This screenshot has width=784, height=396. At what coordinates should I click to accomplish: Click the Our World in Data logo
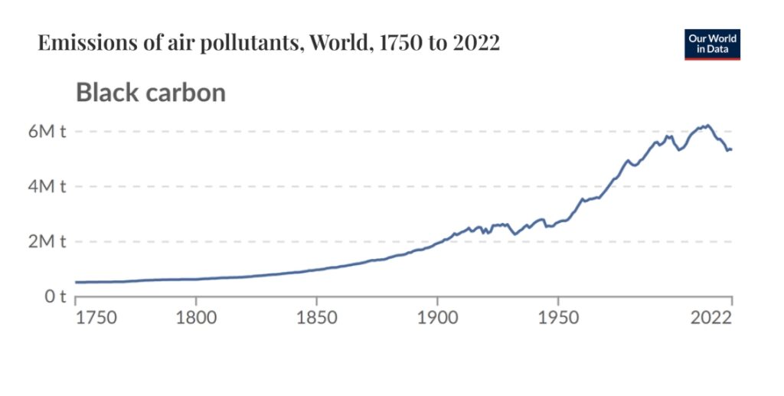pyautogui.click(x=712, y=44)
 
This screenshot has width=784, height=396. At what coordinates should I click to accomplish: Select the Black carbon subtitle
pyautogui.click(x=150, y=93)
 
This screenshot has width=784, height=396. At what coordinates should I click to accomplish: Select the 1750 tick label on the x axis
pyautogui.click(x=96, y=316)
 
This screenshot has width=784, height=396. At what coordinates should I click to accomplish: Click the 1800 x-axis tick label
pyautogui.click(x=196, y=316)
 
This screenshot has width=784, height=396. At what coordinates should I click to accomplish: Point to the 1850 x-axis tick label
pyautogui.click(x=317, y=316)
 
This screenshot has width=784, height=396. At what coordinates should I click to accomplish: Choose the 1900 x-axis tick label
pyautogui.click(x=437, y=316)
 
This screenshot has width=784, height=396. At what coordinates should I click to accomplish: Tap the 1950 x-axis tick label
pyautogui.click(x=557, y=316)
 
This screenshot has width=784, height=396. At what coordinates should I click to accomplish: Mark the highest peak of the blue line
pyautogui.click(x=707, y=125)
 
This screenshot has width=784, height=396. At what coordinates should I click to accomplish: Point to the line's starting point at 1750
pyautogui.click(x=76, y=283)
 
